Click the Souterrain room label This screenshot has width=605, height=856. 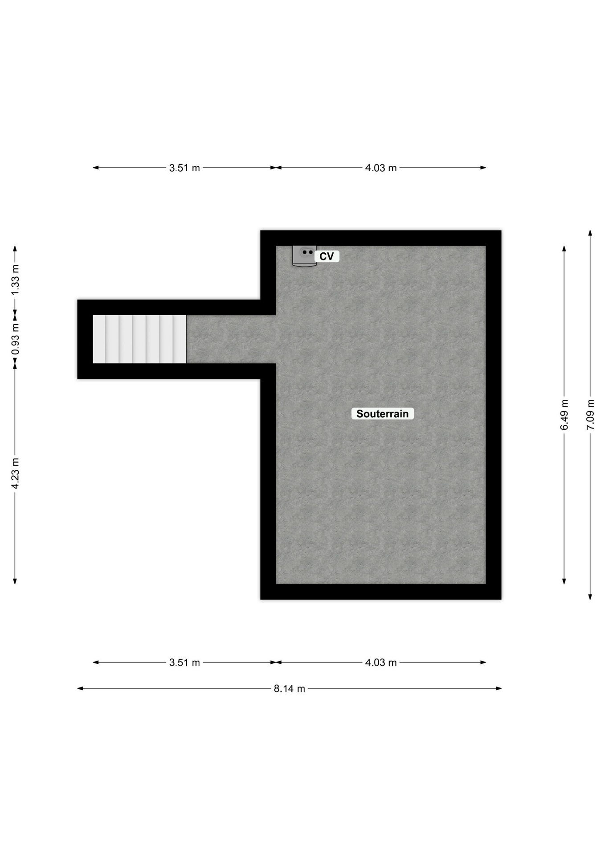(382, 414)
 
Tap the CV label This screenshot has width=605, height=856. (327, 256)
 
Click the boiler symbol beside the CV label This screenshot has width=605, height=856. (304, 256)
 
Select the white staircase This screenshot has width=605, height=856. (139, 339)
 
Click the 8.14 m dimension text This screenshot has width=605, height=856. (290, 689)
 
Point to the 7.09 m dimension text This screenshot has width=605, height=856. (590, 415)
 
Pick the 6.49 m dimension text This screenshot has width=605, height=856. (564, 415)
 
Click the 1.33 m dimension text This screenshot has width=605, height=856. (15, 280)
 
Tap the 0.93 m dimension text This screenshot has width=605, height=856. (15, 339)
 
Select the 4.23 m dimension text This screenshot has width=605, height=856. (15, 473)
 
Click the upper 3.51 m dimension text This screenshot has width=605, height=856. (184, 168)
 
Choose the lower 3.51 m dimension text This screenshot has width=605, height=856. (184, 663)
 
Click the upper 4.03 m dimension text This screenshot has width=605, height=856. (381, 168)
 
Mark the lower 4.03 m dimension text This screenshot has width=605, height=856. (381, 663)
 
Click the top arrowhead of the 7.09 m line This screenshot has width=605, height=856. (590, 233)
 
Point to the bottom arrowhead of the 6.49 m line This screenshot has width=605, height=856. (564, 581)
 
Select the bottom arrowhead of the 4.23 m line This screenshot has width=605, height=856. (15, 581)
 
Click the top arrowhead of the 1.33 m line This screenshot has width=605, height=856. (15, 248)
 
